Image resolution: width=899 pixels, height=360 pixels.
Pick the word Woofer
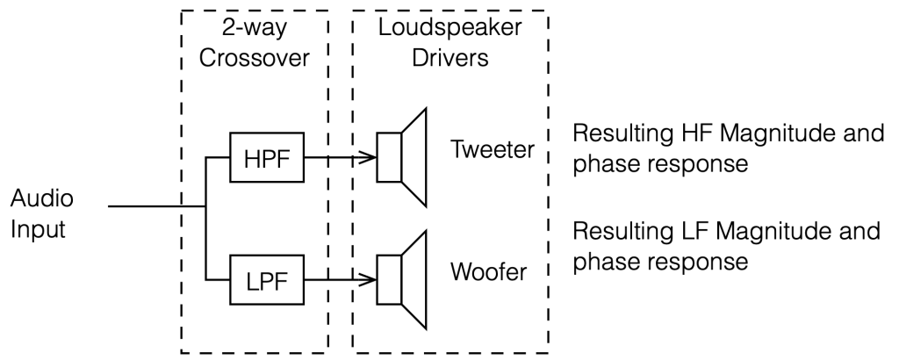[489, 271]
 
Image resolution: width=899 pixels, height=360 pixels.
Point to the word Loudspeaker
[449, 28]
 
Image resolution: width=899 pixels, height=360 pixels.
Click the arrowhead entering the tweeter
[370, 159]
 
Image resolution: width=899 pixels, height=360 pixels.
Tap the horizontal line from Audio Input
[154, 207]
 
